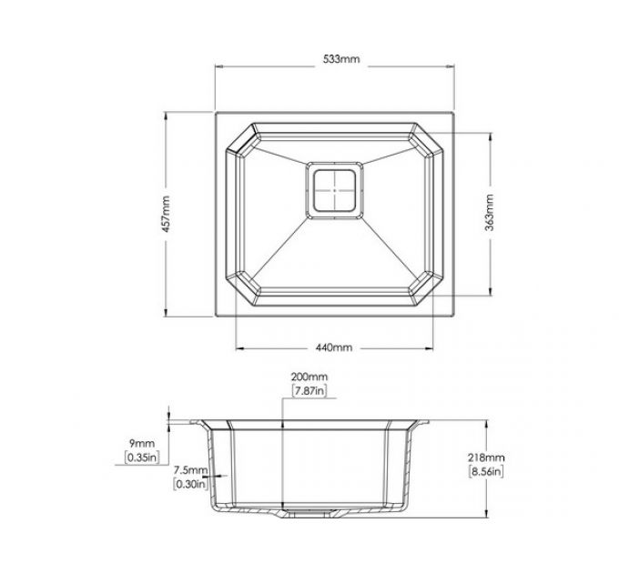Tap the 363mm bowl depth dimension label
pyautogui.click(x=489, y=215)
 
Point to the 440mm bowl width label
pyautogui.click(x=333, y=347)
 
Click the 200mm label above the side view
pyautogui.click(x=309, y=377)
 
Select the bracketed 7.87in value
pyautogui.click(x=309, y=390)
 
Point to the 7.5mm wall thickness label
pyautogui.click(x=189, y=469)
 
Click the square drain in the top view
pyautogui.click(x=335, y=190)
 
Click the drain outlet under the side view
pyautogui.click(x=310, y=511)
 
